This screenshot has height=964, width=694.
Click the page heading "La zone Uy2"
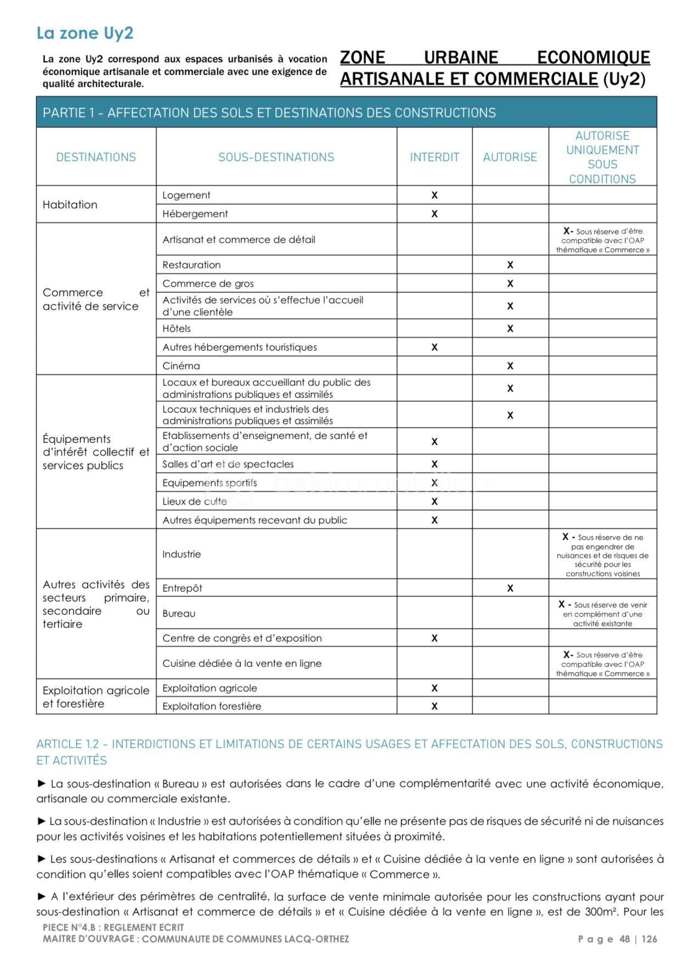[x=85, y=33]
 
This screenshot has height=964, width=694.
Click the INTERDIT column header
[x=434, y=157]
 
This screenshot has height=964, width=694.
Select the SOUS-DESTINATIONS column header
[x=276, y=157]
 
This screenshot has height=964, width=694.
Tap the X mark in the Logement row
[x=434, y=195]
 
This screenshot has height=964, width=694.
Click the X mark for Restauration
[x=510, y=265]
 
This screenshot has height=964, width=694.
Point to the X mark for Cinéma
[x=510, y=366]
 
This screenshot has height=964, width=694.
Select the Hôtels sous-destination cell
[x=177, y=328]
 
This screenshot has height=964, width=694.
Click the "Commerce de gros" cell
[x=208, y=283]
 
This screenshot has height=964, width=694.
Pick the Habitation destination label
[x=70, y=204]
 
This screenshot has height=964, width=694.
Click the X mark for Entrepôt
[x=510, y=588]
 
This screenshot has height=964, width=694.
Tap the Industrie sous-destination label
[x=182, y=554]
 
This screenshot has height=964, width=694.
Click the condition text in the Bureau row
[x=602, y=614]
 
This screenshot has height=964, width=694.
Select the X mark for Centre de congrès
[x=434, y=638]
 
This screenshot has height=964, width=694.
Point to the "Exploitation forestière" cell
[x=212, y=706]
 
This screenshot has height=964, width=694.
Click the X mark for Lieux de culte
[x=434, y=501]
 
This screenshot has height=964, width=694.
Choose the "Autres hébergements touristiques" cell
[x=240, y=347]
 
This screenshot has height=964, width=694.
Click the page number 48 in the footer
[x=624, y=939]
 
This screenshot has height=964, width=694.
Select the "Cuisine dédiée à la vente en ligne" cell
[x=242, y=663]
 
